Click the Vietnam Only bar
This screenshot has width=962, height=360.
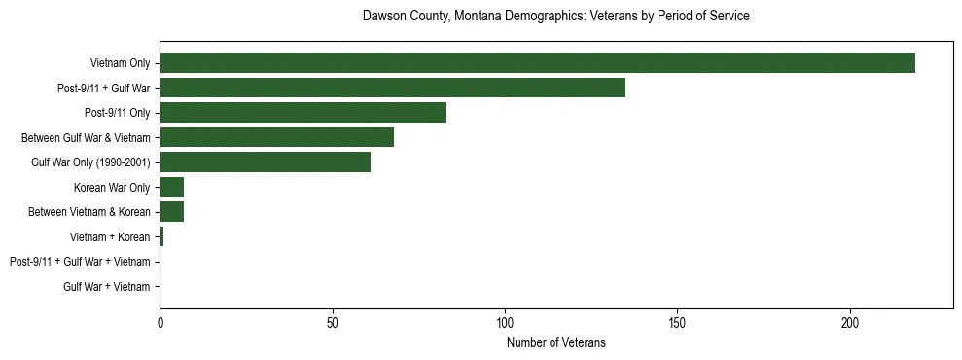click(x=537, y=63)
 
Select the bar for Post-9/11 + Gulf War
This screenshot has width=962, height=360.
click(x=392, y=88)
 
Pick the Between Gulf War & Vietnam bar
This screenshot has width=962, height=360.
click(x=276, y=137)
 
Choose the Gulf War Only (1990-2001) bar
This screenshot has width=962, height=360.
click(x=265, y=162)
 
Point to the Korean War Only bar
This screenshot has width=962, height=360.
click(x=171, y=187)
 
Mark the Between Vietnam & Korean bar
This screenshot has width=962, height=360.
click(x=171, y=212)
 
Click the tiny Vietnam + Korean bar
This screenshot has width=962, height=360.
click(x=161, y=236)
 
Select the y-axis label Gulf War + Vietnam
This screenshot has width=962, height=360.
click(x=106, y=287)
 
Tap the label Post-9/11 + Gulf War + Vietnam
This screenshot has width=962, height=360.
click(x=80, y=262)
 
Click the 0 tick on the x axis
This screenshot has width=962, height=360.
click(x=160, y=322)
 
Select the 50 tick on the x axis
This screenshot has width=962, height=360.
click(x=333, y=322)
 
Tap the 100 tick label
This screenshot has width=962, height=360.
click(x=505, y=322)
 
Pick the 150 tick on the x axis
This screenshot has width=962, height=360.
click(x=678, y=322)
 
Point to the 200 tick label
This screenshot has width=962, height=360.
click(x=850, y=322)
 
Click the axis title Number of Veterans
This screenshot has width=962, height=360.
click(x=555, y=342)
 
